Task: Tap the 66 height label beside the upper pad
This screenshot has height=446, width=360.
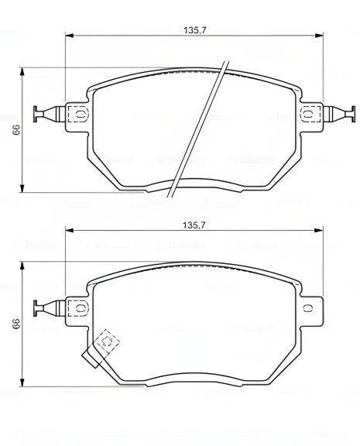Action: (15, 130)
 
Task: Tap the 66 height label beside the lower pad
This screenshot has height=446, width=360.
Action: (15, 324)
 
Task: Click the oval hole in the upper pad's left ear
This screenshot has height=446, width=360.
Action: (77, 113)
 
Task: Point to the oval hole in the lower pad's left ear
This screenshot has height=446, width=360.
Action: (77, 307)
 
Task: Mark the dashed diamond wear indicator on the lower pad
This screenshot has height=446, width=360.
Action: (107, 341)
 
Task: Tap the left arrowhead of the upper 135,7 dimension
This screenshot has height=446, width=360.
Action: (69, 35)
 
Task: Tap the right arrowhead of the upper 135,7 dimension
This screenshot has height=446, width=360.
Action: (318, 35)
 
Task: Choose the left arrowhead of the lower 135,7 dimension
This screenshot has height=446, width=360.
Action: (69, 230)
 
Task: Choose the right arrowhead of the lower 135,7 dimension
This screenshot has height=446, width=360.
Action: (318, 230)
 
